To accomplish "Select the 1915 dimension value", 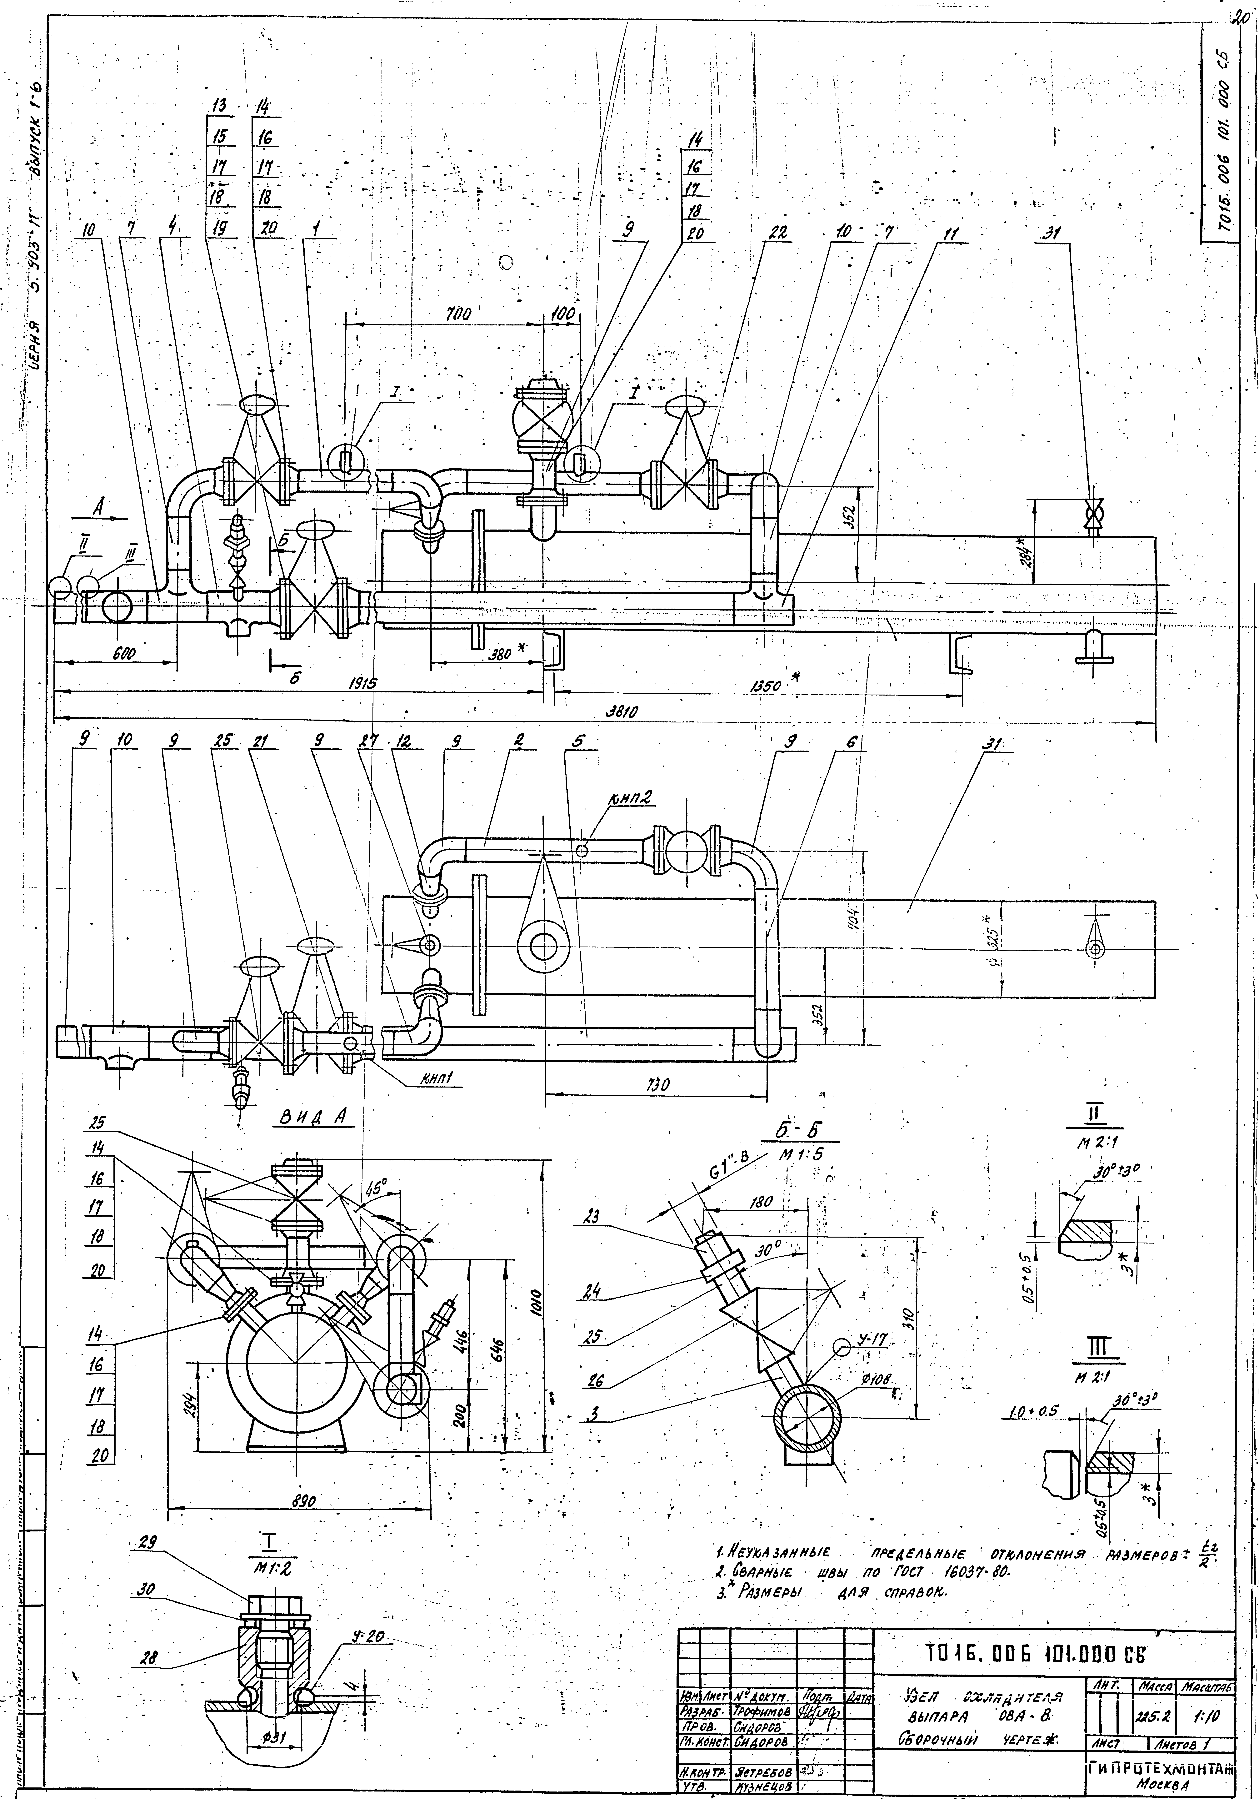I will [362, 683].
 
